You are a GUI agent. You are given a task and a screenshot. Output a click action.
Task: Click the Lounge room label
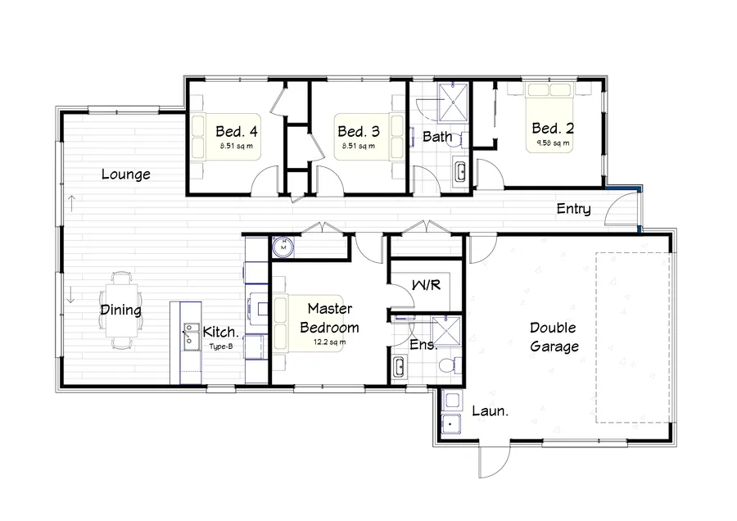[126, 174]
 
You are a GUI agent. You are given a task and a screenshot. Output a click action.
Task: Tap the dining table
[122, 310]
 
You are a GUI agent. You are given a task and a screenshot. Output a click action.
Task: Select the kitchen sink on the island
[190, 336]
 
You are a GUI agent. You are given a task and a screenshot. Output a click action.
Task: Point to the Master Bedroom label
[329, 318]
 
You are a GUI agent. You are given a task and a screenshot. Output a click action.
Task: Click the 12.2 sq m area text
[329, 342]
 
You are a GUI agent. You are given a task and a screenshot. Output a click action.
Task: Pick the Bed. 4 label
[237, 131]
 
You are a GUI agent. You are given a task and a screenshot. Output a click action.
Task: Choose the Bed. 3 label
[359, 131]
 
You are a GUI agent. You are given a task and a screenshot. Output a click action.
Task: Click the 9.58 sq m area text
[553, 143]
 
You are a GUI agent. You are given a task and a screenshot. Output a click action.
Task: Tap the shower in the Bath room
[453, 102]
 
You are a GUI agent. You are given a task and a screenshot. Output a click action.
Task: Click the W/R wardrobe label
[427, 285]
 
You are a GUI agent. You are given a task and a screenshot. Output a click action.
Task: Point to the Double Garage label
[554, 337]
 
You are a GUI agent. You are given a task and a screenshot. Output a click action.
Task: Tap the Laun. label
[491, 411]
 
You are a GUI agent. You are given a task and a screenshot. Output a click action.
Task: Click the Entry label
[573, 209]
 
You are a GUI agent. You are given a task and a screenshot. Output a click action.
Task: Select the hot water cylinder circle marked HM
[283, 247]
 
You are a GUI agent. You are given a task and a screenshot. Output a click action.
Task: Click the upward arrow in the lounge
[71, 203]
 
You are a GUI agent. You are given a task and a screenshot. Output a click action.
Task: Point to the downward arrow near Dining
[71, 295]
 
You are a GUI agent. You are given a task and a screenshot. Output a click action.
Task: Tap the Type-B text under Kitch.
[221, 347]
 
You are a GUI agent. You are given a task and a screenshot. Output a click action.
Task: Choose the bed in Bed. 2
[549, 118]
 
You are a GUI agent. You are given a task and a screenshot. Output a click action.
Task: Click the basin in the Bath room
[460, 171]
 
